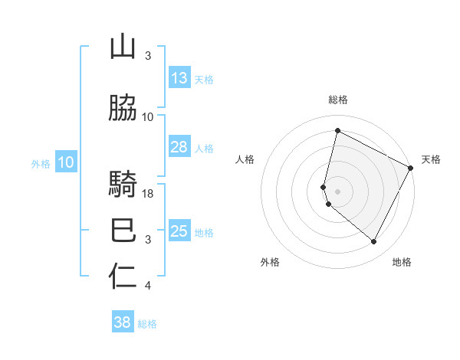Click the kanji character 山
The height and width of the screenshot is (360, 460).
123,47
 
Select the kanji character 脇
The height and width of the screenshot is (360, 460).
123,109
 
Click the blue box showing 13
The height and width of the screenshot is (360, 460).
179,78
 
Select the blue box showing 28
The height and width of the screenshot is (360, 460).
179,147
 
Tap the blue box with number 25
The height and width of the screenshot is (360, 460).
179,231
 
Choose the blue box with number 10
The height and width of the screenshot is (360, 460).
66,162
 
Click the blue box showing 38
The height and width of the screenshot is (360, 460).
123,322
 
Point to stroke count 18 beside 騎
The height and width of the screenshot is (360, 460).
149,194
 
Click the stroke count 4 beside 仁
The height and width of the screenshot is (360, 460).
148,286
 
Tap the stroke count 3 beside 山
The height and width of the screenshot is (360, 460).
148,56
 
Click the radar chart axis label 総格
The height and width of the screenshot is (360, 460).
338,100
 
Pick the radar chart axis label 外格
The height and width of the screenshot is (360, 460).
270,263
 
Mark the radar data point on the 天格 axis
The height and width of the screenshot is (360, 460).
411,168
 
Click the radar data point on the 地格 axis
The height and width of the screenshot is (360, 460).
374,242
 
